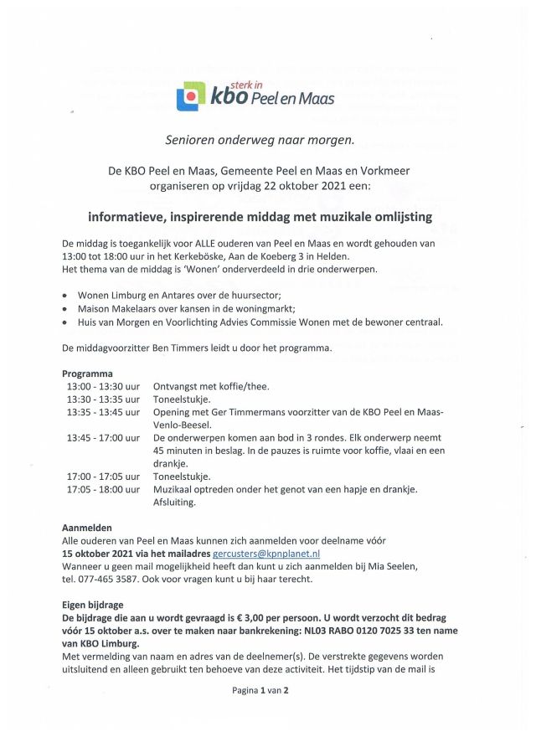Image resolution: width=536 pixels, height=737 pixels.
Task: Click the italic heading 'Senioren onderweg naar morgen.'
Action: click(x=267, y=140)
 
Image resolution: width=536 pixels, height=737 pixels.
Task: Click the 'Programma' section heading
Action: click(x=87, y=374)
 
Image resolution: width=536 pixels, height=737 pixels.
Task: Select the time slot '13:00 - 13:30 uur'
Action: click(x=103, y=387)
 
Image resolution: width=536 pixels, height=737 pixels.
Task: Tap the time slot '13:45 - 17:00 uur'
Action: click(x=103, y=438)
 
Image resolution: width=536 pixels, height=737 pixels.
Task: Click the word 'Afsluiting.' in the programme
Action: click(x=174, y=502)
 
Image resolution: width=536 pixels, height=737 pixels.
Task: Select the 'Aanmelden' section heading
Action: click(x=88, y=528)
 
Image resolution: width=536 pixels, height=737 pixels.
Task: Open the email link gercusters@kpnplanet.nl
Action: click(x=267, y=554)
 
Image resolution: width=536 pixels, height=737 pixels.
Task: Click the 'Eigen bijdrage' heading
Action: click(x=93, y=604)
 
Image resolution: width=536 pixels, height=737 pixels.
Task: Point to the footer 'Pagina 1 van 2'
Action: click(x=260, y=691)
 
